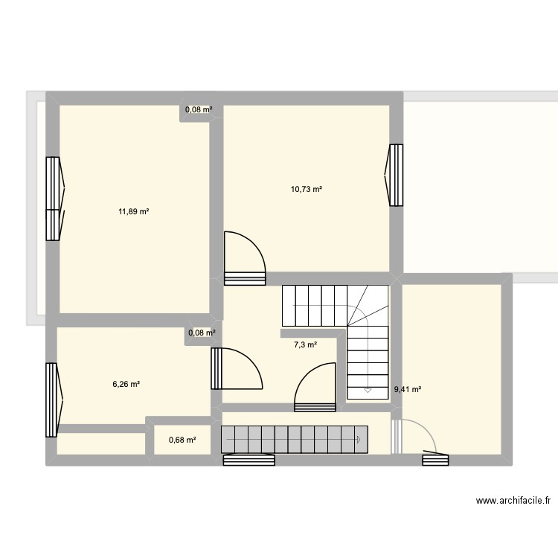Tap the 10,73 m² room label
[x=307, y=189]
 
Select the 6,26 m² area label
[x=126, y=385]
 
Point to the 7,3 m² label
[x=305, y=344]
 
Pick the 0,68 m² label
[x=182, y=440]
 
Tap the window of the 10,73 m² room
[x=395, y=175]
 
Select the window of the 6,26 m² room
[x=52, y=400]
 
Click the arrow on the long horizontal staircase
[x=359, y=440]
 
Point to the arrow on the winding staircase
[x=368, y=389]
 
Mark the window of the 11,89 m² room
[x=54, y=199]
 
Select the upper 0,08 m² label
[x=199, y=110]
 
